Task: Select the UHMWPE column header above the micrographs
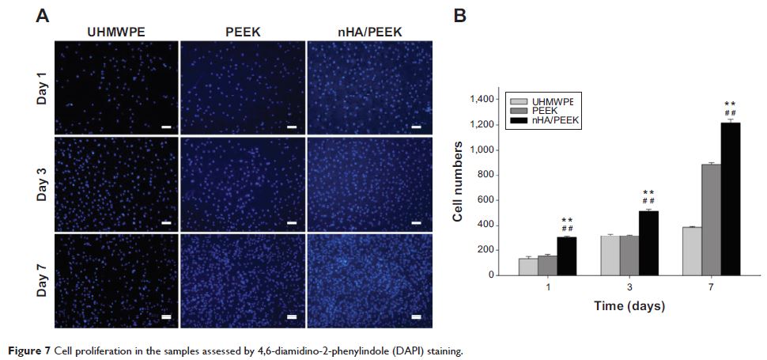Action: pyautogui.click(x=115, y=32)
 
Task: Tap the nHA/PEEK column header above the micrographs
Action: pyautogui.click(x=369, y=32)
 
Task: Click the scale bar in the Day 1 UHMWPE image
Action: pyautogui.click(x=166, y=126)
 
